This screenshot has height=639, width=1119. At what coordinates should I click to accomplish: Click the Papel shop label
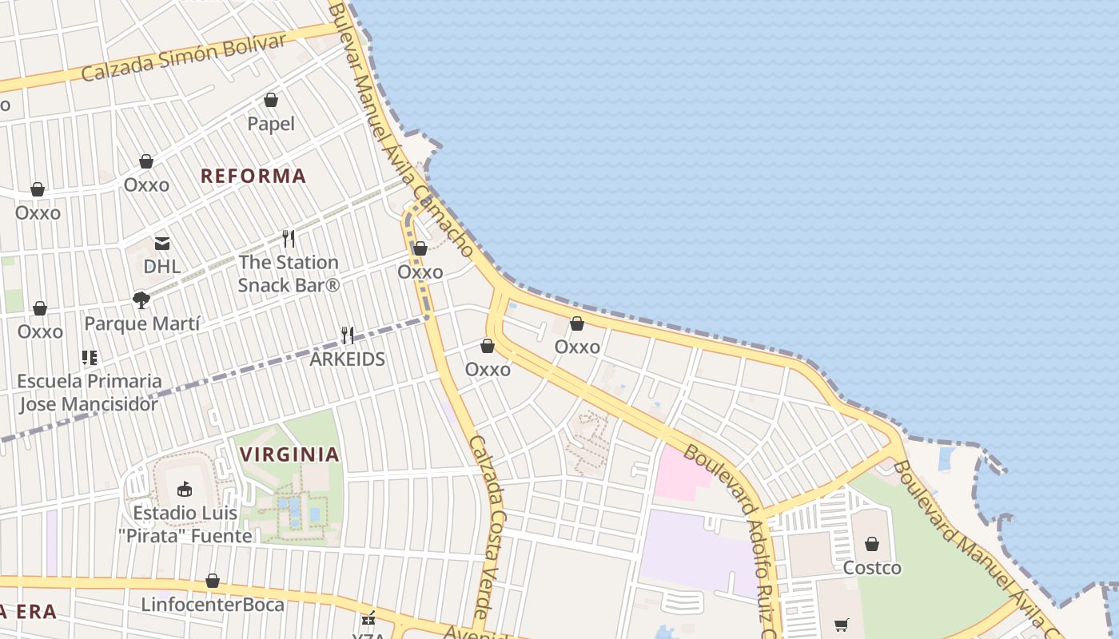point(271,124)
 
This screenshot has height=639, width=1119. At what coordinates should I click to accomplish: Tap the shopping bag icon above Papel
point(271,100)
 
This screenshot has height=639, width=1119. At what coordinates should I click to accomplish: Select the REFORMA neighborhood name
point(253,176)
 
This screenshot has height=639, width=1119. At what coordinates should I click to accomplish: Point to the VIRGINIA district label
point(290,454)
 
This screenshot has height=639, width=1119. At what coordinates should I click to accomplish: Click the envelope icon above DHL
point(162,243)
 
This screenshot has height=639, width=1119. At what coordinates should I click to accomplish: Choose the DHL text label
point(162,266)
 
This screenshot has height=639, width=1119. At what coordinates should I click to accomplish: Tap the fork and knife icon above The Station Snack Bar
point(289,238)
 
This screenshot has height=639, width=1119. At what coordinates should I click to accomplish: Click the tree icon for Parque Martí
point(141,300)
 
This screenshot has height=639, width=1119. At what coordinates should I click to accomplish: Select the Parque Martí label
point(141,323)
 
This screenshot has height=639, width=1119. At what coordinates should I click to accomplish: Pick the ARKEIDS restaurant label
point(348,359)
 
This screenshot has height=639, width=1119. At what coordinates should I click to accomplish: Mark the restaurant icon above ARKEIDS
point(348,335)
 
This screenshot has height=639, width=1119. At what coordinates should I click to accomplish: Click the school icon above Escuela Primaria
point(89,358)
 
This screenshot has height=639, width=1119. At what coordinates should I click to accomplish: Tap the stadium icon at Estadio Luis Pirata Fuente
point(185,488)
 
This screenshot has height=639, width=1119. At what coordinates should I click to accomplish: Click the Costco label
point(873,568)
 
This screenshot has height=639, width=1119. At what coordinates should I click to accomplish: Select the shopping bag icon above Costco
point(872,544)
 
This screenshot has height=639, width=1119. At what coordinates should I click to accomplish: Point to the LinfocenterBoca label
point(213,605)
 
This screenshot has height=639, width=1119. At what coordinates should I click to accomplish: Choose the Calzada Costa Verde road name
point(488,527)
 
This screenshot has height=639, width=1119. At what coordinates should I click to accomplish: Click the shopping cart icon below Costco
point(841,625)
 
